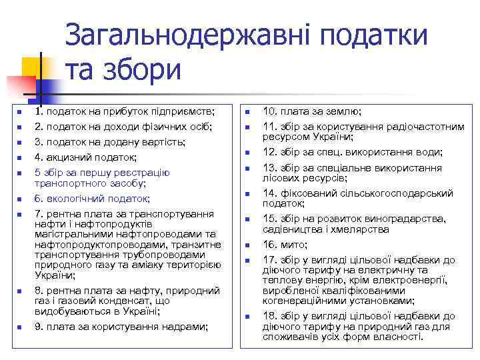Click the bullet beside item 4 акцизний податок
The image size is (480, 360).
[19, 158]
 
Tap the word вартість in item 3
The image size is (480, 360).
[165, 141]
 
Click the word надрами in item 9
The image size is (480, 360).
[187, 326]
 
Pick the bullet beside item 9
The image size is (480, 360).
[19, 327]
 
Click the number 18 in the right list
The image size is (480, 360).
[268, 316]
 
